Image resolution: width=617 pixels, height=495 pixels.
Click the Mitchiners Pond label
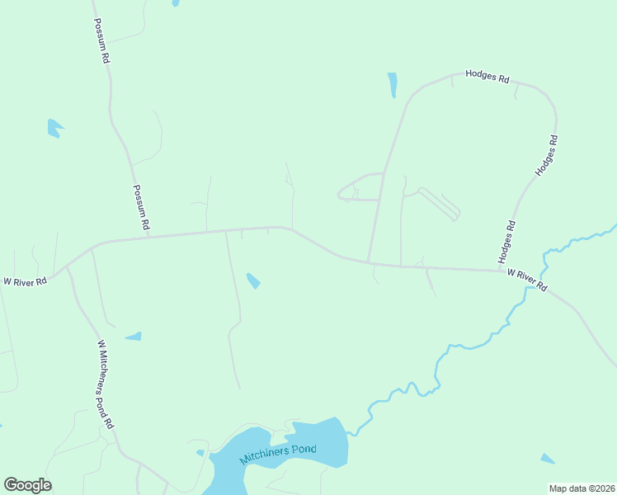278,449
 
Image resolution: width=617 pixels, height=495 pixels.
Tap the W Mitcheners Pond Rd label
105,384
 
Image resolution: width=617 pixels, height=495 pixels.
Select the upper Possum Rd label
101,42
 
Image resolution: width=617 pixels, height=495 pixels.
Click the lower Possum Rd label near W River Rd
141,207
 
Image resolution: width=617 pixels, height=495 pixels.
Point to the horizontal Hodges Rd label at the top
487,76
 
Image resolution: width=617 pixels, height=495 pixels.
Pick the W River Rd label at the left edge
25,281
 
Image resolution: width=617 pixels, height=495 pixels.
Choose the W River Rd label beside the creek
527,280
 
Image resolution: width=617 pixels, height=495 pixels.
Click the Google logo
27,485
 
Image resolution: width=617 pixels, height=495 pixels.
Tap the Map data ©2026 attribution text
581,488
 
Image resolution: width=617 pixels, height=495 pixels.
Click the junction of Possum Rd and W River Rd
149,237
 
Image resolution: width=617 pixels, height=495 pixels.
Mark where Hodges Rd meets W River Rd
499,269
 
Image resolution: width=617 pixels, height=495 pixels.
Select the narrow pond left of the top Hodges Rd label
393,85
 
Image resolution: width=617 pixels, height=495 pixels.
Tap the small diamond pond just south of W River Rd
253,280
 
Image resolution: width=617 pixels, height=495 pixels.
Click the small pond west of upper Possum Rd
54,128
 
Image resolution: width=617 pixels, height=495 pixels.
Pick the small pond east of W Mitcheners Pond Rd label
134,337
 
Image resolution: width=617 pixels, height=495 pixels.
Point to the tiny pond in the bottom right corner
548,459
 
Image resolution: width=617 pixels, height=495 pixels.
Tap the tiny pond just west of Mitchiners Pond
200,452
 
